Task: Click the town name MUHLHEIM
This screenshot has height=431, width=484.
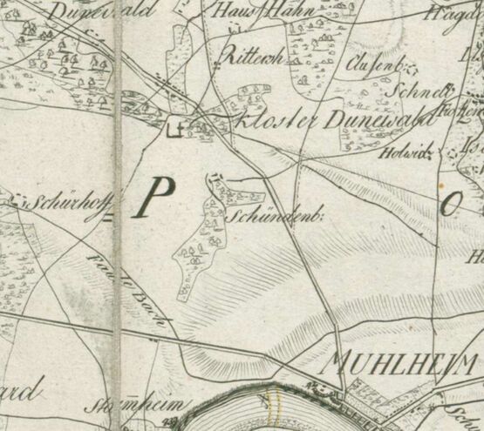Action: coord(402,362)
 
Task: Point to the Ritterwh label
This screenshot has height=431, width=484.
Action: coord(250,57)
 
